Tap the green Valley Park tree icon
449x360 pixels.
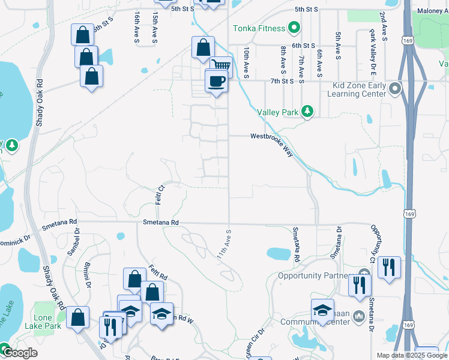[x=307, y=112]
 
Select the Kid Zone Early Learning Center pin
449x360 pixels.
[x=394, y=89]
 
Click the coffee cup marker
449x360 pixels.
[x=216, y=80]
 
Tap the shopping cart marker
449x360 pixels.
[x=221, y=67]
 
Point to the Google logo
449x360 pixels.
[x=19, y=352]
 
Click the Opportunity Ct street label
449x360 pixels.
[x=376, y=243]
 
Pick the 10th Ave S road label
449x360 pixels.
[x=246, y=62]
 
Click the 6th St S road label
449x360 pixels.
[x=304, y=46]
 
